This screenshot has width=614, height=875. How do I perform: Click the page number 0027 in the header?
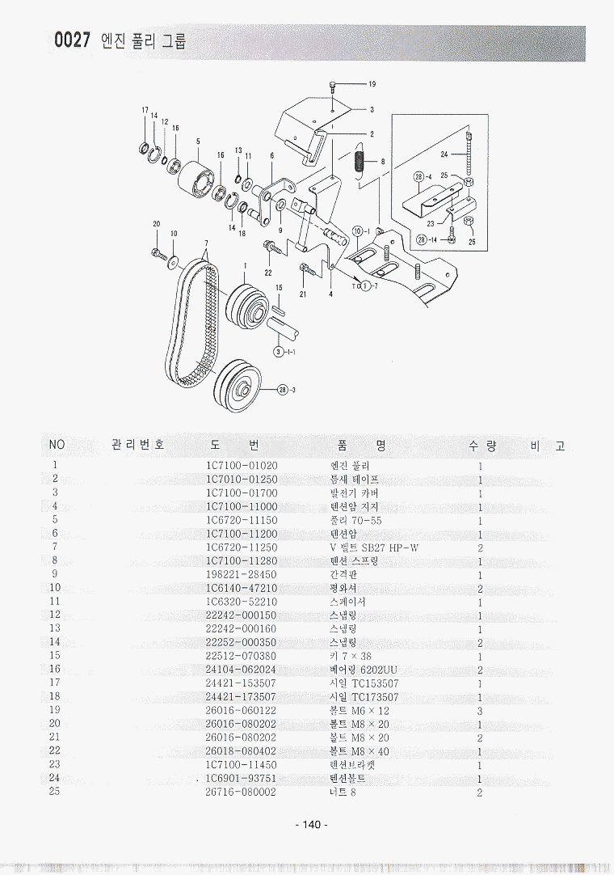point(72,41)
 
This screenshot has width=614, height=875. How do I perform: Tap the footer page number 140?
point(311,824)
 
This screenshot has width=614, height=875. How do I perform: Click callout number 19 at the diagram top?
point(372,84)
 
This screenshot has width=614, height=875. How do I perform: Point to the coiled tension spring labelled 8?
point(360,157)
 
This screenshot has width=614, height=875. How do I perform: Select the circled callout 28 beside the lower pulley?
point(282,390)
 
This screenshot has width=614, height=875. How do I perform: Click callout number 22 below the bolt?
point(268,273)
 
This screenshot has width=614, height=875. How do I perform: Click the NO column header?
point(57,446)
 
